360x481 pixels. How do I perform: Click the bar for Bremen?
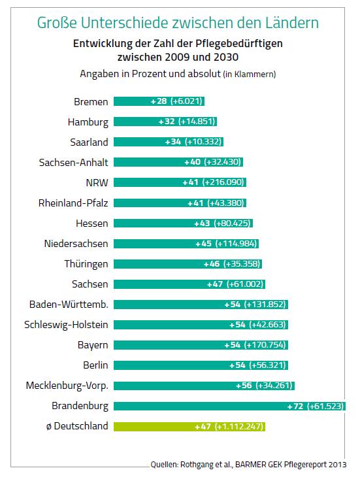(x=159, y=101)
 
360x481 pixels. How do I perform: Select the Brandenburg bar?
(x=229, y=406)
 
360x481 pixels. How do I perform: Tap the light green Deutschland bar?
(x=189, y=426)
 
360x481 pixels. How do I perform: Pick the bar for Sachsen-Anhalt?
(x=178, y=162)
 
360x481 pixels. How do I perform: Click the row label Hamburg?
(x=88, y=122)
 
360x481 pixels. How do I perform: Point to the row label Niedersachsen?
(x=76, y=244)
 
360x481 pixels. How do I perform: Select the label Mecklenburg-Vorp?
(x=67, y=386)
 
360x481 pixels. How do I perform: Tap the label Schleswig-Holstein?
(x=66, y=325)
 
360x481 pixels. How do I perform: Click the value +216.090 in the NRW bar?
(x=223, y=182)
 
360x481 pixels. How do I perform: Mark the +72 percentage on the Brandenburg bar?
(x=295, y=406)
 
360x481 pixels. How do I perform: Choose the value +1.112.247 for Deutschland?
(x=239, y=426)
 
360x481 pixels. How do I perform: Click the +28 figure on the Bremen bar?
(x=159, y=101)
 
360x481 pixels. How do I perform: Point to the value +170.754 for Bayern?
(x=265, y=345)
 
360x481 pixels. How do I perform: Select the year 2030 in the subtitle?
(x=226, y=58)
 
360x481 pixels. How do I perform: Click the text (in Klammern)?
(x=250, y=75)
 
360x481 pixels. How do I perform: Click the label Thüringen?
(x=86, y=264)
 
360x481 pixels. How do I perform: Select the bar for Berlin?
(x=201, y=365)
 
